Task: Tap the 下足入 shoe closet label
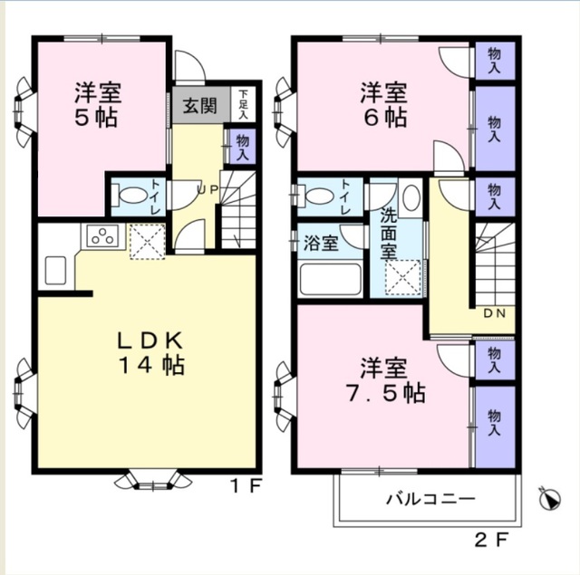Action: [244, 103]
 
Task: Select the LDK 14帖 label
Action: [150, 353]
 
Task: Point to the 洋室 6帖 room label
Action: [383, 104]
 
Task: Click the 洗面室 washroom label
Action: [388, 233]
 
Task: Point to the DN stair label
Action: [493, 312]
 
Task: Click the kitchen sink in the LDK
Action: [53, 270]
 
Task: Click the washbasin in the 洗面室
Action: [410, 196]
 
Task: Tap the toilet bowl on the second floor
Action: [318, 195]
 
